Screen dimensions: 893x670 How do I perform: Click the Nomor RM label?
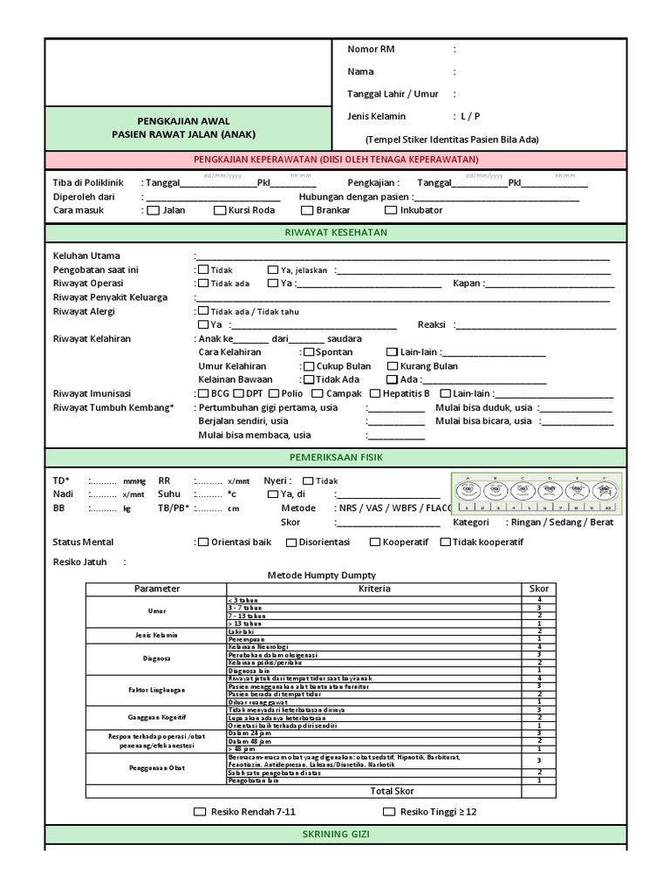(x=371, y=50)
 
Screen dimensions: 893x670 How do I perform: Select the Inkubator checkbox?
(x=393, y=210)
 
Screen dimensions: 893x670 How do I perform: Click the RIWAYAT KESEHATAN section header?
(x=335, y=233)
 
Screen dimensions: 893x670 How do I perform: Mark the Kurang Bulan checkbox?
(x=393, y=366)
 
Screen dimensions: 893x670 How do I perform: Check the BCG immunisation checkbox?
(x=202, y=393)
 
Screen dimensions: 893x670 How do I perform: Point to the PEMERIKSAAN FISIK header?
(x=335, y=457)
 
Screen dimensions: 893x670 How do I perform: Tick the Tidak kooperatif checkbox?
(x=445, y=542)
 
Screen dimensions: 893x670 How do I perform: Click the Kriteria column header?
(x=374, y=589)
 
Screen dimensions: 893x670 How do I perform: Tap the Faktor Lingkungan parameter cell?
(x=156, y=690)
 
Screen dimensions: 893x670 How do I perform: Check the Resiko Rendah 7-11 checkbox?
(x=201, y=812)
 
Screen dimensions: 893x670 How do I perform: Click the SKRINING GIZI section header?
(x=335, y=835)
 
